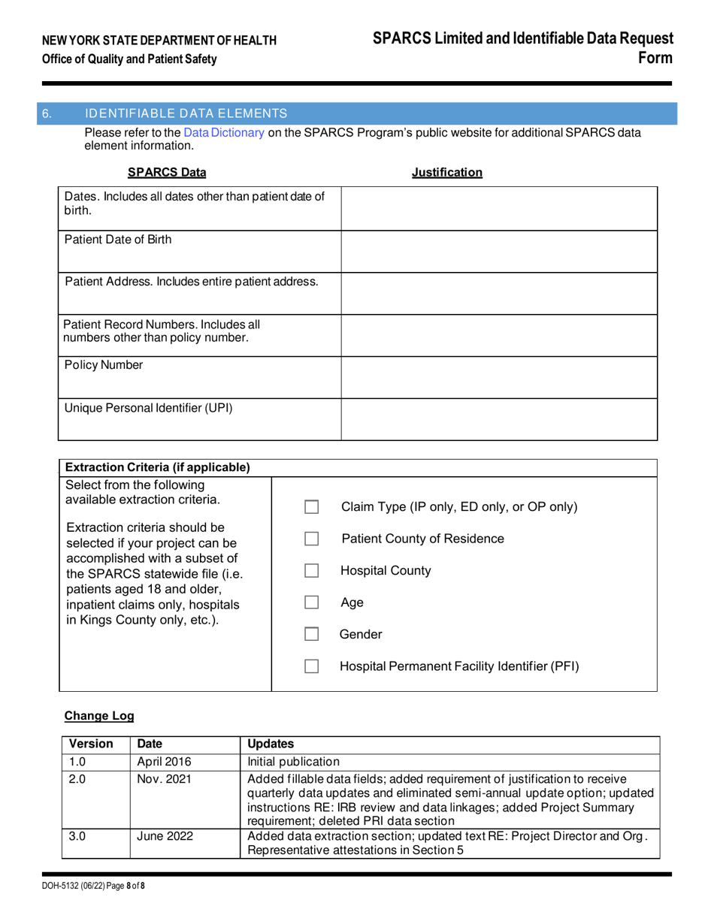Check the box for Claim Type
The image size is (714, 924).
pyautogui.click(x=313, y=507)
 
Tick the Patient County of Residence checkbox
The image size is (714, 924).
pyautogui.click(x=313, y=539)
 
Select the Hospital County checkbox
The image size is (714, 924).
pyautogui.click(x=313, y=571)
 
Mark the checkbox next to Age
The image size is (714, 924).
pyautogui.click(x=313, y=602)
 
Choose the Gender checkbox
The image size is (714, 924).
pyautogui.click(x=313, y=635)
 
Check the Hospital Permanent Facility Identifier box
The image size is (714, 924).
pyautogui.click(x=313, y=666)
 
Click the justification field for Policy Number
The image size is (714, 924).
pyautogui.click(x=500, y=377)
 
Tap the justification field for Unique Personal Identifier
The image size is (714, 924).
pyautogui.click(x=500, y=419)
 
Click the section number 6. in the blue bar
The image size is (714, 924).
pyautogui.click(x=47, y=113)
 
